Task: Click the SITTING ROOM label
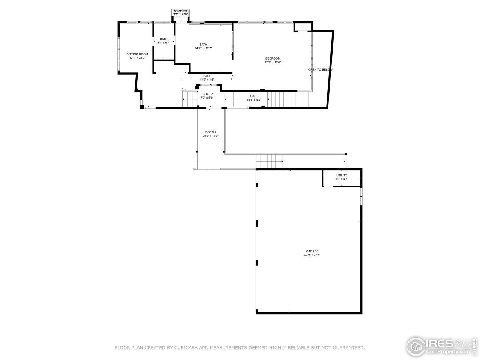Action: tap(137, 54)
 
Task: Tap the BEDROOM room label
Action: tap(273, 58)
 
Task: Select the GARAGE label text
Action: tap(312, 251)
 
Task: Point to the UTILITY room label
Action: tap(341, 175)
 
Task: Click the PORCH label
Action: tap(210, 132)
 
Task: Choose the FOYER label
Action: tap(207, 94)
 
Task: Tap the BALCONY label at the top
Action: tap(180, 11)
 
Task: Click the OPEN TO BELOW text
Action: tap(320, 70)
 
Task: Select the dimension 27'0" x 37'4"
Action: tap(312, 255)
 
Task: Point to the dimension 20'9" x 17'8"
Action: tap(273, 62)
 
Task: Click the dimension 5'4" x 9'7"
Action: tap(163, 43)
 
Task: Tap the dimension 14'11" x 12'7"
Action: tap(203, 48)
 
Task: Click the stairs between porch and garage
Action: tap(269, 162)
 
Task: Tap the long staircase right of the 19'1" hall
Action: tap(288, 99)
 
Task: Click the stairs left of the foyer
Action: tap(190, 99)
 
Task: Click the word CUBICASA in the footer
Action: tap(184, 348)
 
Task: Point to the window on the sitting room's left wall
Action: tap(119, 54)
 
